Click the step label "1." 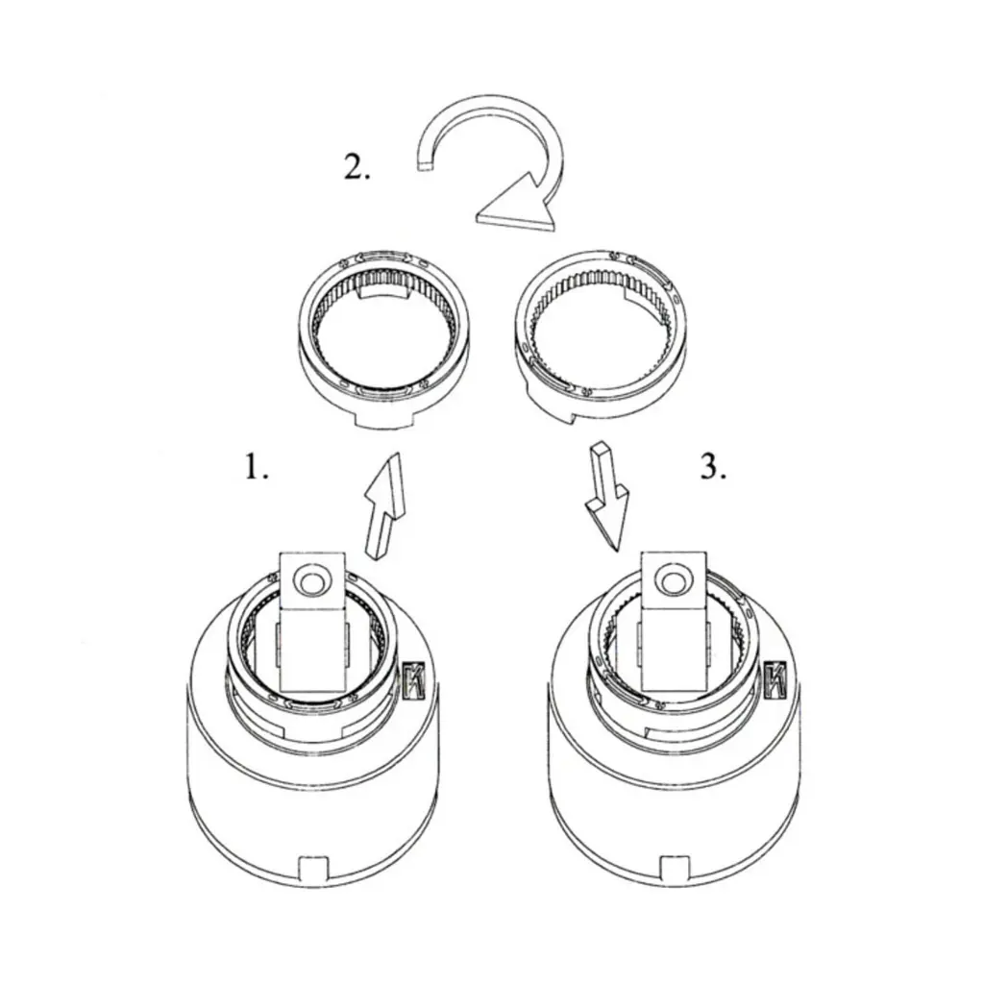pyautogui.click(x=256, y=468)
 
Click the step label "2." pyautogui.click(x=357, y=167)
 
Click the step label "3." pyautogui.click(x=714, y=468)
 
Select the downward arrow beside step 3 pyautogui.click(x=605, y=496)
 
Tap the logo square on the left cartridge pyautogui.click(x=415, y=679)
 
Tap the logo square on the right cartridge pyautogui.click(x=776, y=679)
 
